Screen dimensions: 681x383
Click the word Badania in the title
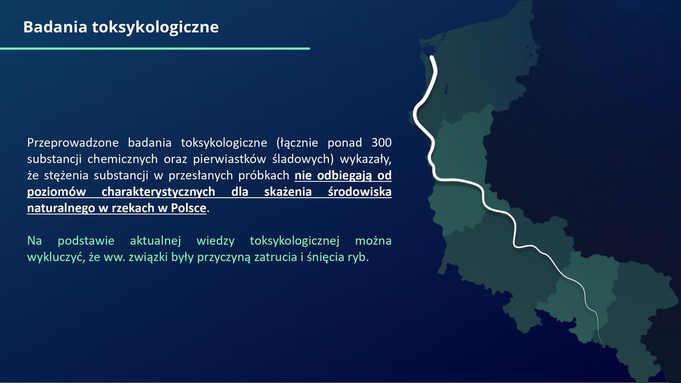(x=55, y=27)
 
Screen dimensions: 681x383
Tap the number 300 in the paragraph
(x=381, y=143)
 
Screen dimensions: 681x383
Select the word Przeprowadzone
(x=73, y=143)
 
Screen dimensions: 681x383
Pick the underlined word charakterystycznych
(x=158, y=192)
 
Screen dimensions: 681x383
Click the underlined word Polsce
(x=188, y=208)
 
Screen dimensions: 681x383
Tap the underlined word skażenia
(x=288, y=192)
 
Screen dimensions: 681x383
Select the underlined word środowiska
(x=360, y=192)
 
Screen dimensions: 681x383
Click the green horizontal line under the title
(x=155, y=48)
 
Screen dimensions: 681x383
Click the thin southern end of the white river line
(x=602, y=351)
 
